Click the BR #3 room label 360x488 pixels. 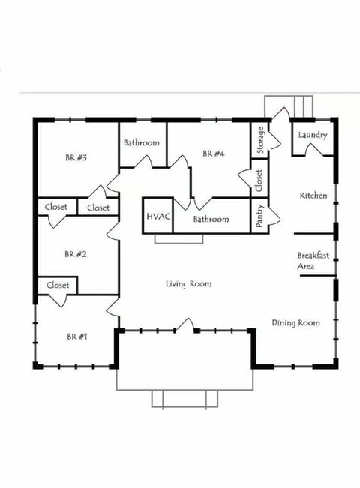(x=76, y=157)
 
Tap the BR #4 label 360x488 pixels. (x=214, y=154)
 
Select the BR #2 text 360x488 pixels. (x=76, y=254)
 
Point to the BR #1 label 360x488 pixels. (x=76, y=337)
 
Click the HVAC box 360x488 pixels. (x=158, y=217)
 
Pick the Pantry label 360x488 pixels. (x=259, y=216)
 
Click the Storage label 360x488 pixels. (x=260, y=140)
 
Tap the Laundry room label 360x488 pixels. (x=312, y=135)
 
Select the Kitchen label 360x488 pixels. (x=313, y=196)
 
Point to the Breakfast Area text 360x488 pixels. (x=313, y=260)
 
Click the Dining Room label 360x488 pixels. (x=295, y=323)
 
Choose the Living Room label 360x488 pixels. (x=188, y=284)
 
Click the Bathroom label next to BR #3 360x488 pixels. (x=142, y=142)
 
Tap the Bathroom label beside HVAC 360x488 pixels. (x=211, y=220)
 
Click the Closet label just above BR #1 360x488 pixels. (x=58, y=286)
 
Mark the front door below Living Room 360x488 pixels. (x=185, y=326)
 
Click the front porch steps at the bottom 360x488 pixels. (x=184, y=399)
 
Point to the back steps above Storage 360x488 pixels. (x=289, y=106)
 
